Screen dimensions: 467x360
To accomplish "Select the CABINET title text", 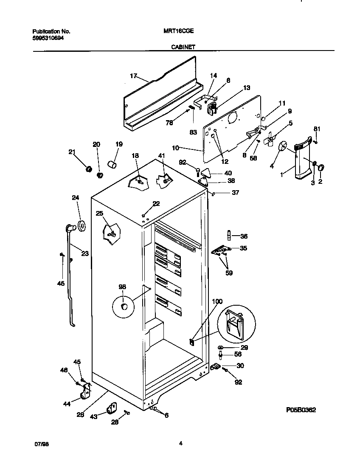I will [183, 48].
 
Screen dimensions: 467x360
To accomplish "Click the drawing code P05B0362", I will [301, 410].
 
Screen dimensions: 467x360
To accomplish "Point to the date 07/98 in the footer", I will [40, 444].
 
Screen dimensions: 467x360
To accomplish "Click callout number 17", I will [133, 76].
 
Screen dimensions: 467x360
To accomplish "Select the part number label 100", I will [217, 301].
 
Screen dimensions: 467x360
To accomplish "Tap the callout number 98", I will [122, 287].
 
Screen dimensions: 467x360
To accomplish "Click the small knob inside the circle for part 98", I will [124, 306].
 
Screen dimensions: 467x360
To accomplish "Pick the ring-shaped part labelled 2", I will [320, 169].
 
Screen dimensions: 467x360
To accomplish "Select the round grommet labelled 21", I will [89, 169].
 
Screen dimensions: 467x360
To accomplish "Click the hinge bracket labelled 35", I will [220, 250].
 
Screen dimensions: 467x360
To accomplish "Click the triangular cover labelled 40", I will [206, 172].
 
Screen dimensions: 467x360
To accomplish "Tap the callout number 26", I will [81, 415].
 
